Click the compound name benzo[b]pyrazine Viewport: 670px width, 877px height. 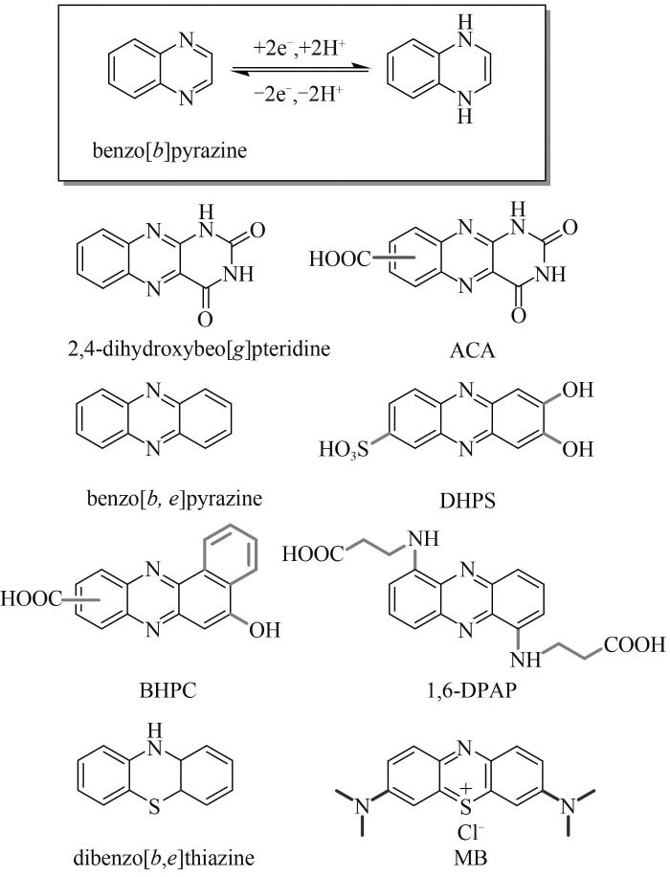(169, 151)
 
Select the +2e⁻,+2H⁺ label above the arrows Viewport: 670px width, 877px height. (300, 49)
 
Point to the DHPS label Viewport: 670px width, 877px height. (467, 501)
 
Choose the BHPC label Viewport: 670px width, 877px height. (167, 690)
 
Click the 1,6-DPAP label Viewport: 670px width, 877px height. (469, 690)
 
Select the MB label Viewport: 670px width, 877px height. (469, 858)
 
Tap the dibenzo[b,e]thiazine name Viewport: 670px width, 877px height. (164, 858)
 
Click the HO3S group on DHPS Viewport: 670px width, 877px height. (344, 450)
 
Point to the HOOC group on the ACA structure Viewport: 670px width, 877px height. (340, 259)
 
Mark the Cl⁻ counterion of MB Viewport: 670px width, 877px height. (471, 833)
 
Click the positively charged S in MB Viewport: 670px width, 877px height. (466, 803)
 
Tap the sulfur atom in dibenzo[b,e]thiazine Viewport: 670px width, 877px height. (155, 807)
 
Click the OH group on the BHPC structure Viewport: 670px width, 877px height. (264, 630)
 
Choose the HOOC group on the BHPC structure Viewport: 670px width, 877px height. (31, 599)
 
